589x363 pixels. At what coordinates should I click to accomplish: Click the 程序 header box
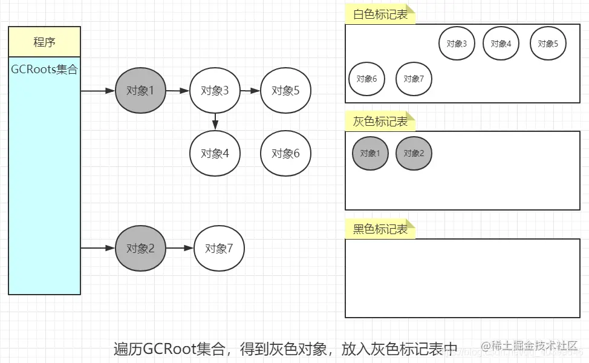point(44,42)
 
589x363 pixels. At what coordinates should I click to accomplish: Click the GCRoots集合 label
point(44,70)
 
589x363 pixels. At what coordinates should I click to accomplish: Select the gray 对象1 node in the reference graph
point(140,91)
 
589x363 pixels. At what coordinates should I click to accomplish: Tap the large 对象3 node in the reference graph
point(215,91)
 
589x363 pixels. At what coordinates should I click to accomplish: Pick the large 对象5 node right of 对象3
point(285,91)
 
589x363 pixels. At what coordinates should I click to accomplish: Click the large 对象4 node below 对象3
point(215,153)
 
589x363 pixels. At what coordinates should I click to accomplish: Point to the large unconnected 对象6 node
point(285,153)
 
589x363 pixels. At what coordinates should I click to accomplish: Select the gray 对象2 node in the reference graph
point(140,248)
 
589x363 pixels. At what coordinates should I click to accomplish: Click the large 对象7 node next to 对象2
point(219,248)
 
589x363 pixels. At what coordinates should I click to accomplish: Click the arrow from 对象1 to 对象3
point(178,91)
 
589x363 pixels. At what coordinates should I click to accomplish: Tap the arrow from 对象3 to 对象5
point(250,91)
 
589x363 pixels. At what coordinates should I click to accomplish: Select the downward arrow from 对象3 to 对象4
point(215,121)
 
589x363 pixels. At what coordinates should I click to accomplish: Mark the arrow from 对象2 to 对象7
point(180,248)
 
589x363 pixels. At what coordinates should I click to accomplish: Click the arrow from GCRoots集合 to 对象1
point(98,91)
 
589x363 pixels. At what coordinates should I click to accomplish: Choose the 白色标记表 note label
point(380,15)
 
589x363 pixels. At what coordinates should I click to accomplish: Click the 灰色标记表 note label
point(380,122)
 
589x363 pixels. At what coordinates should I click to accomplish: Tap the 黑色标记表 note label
point(380,229)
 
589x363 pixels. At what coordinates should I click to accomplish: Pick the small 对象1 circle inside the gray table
point(370,153)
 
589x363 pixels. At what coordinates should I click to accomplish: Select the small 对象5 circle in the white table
point(548,44)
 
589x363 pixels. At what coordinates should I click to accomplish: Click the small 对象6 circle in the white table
point(367,79)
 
